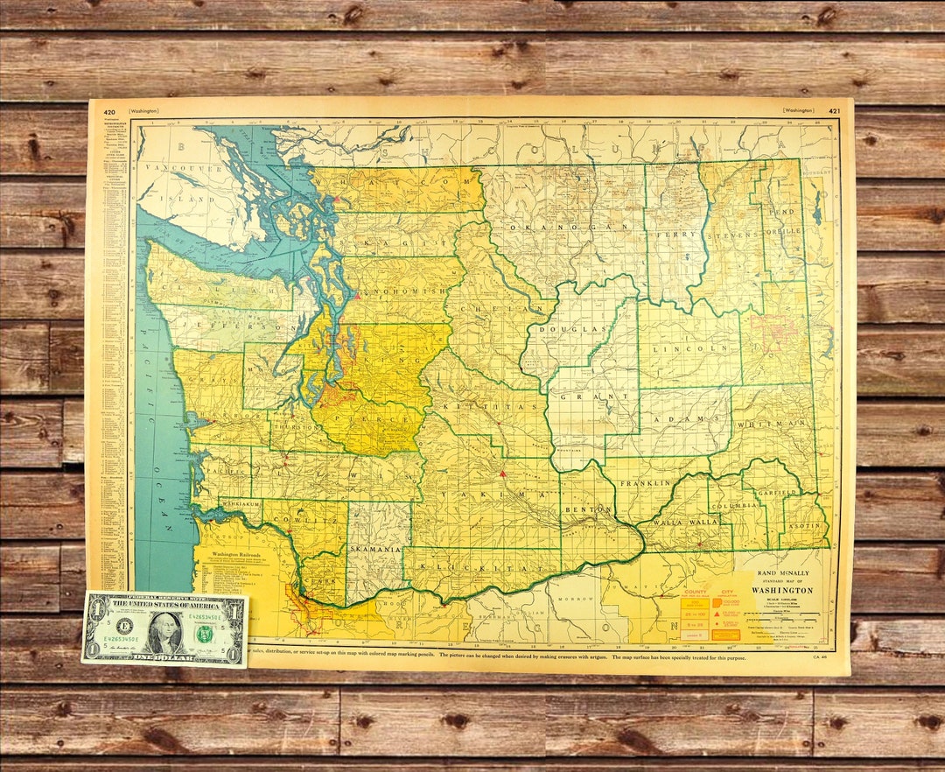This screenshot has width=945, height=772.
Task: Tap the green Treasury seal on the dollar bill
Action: pyautogui.click(x=205, y=633)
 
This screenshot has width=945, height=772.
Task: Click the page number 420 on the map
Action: pyautogui.click(x=109, y=111)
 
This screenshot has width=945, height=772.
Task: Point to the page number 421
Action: pyautogui.click(x=834, y=111)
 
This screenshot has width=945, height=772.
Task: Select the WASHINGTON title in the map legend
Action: pyautogui.click(x=783, y=591)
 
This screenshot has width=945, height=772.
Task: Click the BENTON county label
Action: pyautogui.click(x=584, y=508)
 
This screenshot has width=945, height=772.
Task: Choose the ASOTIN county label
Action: pyautogui.click(x=806, y=526)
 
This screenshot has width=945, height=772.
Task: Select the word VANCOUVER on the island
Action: pyautogui.click(x=174, y=167)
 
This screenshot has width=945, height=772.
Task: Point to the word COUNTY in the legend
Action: pyautogui.click(x=696, y=591)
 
